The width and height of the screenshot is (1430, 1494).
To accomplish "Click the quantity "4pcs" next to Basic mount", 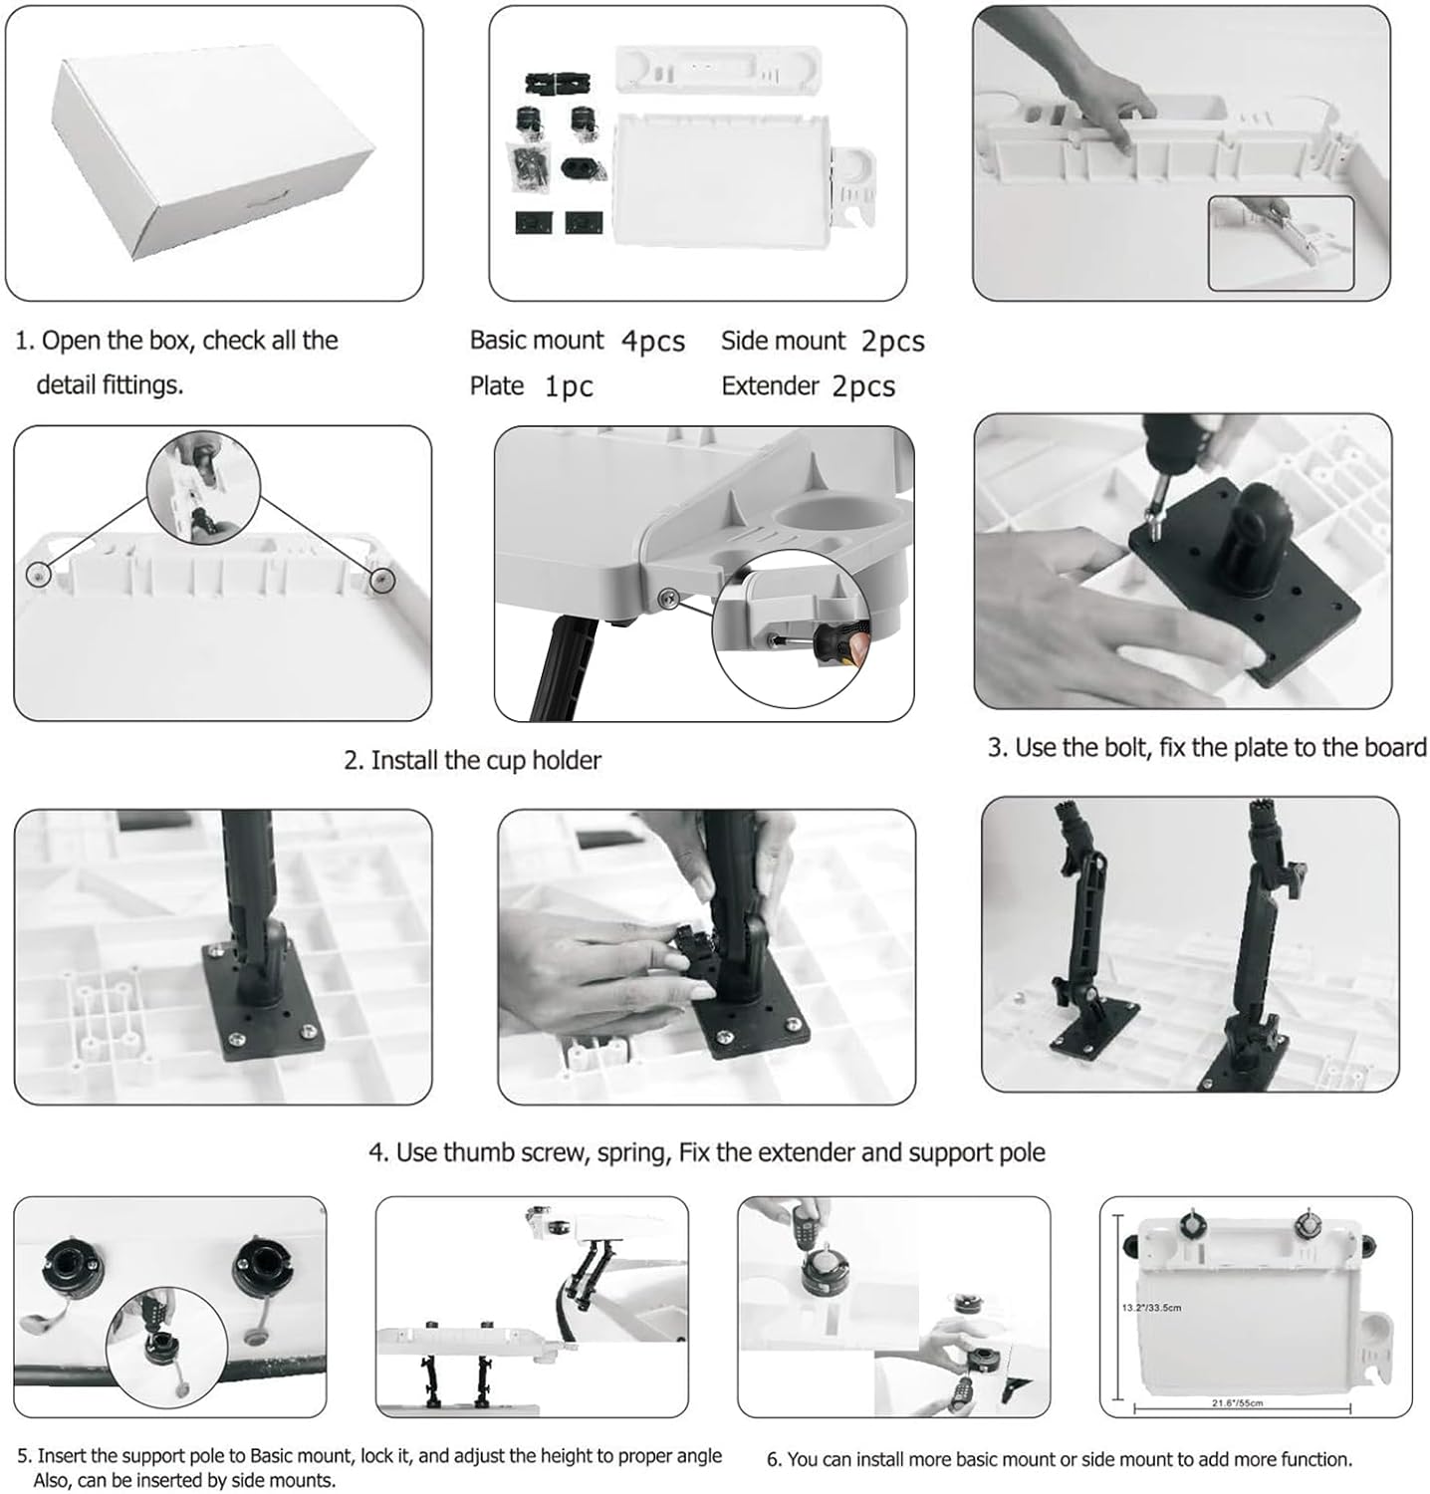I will coord(653,342).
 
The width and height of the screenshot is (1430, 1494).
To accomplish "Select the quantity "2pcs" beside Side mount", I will coord(892,342).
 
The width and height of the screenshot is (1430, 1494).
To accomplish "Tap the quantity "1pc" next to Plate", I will coord(568,386).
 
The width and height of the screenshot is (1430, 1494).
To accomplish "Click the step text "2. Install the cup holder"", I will coord(472,761).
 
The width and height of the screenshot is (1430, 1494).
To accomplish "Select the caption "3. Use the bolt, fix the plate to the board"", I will coord(1206,748).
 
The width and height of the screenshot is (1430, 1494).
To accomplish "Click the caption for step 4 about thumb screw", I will coord(706,1152).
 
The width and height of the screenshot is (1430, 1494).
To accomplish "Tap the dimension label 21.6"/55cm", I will coord(1237,1403).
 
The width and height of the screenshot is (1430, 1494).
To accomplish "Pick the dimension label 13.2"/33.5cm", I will coord(1150,1307).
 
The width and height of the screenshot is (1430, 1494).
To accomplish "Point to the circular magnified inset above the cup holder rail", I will coord(203,488).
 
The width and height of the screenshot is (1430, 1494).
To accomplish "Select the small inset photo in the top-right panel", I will coord(1281,243).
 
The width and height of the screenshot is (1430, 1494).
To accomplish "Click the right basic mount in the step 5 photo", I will coord(265,1268).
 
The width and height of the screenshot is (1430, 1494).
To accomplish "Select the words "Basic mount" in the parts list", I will coord(536,341).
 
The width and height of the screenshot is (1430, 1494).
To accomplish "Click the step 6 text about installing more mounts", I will coord(1060,1459).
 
